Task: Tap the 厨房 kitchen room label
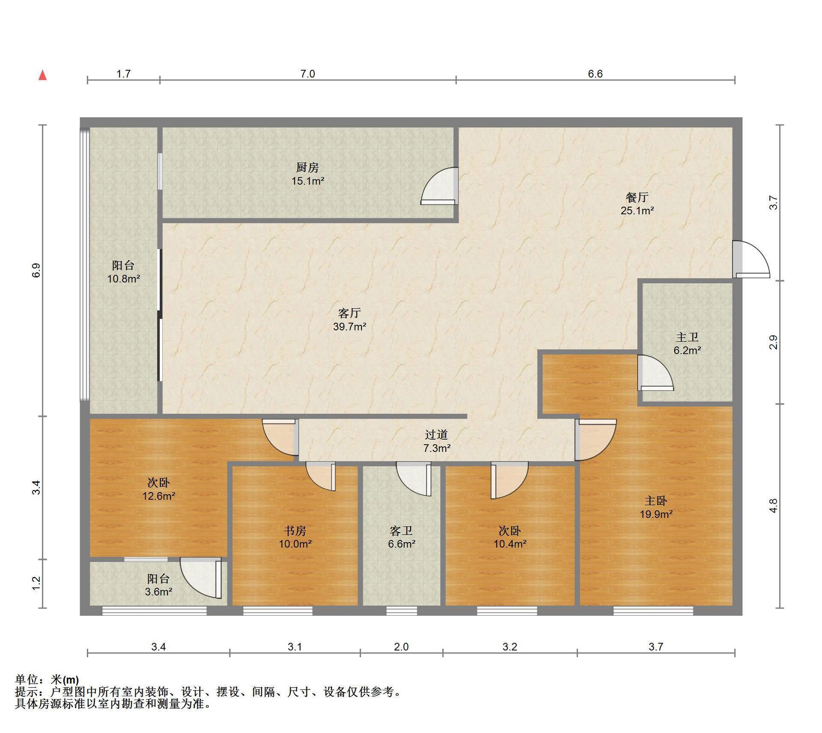click(307, 167)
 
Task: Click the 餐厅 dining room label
click(637, 197)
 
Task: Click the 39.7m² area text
click(349, 327)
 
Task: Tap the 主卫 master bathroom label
click(687, 337)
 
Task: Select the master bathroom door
click(655, 373)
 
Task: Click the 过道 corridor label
click(436, 435)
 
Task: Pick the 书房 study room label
click(295, 531)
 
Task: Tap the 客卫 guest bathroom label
click(401, 531)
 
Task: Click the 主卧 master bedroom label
click(655, 501)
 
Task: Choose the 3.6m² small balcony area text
click(158, 592)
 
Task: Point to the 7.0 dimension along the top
click(307, 74)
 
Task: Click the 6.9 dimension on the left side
click(36, 270)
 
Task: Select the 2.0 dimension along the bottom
click(401, 647)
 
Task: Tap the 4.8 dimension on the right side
click(773, 506)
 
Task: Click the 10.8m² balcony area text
click(124, 279)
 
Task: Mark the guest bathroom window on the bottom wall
click(402, 611)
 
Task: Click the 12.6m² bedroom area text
click(158, 496)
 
